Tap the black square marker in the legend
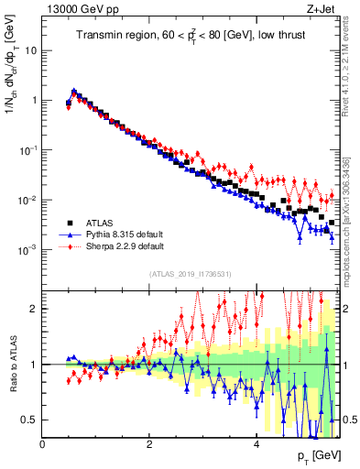click(70, 223)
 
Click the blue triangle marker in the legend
click(70, 234)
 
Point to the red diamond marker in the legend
click(70, 246)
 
